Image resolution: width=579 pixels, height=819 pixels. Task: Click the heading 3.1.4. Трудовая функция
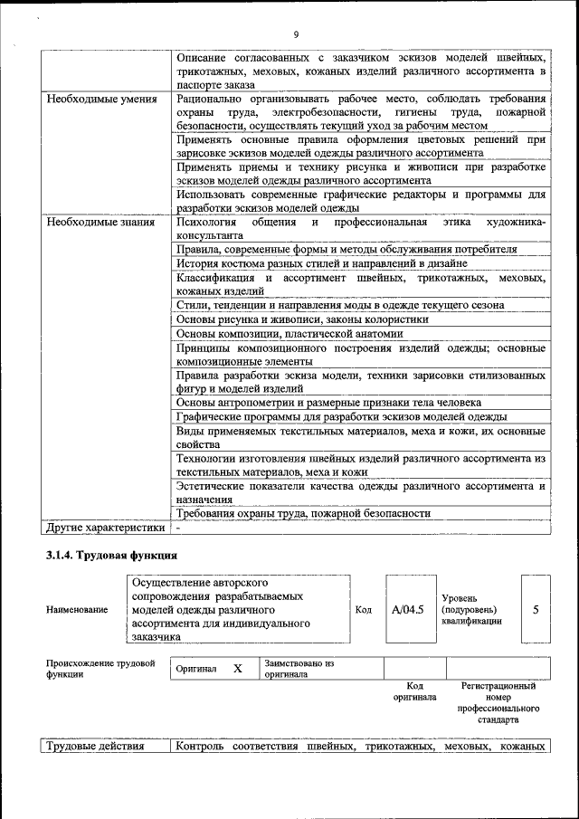point(112,555)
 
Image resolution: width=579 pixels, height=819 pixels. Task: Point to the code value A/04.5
point(408,609)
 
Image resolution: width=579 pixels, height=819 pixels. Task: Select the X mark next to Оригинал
point(238,669)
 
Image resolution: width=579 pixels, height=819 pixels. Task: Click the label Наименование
point(76,610)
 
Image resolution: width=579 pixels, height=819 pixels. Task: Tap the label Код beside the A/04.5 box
point(363,610)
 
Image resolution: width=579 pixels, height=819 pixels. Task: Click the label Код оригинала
point(414,691)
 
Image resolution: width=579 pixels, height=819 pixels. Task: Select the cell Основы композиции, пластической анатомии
point(283,333)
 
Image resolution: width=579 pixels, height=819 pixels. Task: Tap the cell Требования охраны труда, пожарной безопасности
point(303,513)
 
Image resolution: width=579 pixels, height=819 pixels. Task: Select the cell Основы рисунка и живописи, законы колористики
point(302,319)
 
